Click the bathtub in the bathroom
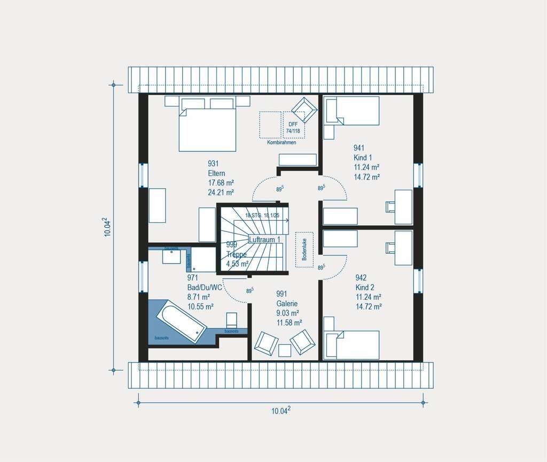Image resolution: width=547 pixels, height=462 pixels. (181, 321)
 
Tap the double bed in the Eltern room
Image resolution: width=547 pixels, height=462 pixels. (207, 128)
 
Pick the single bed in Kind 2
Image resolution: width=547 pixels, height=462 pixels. (353, 344)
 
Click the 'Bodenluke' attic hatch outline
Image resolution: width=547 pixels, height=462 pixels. (304, 250)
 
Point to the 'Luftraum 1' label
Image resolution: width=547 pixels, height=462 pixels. (264, 240)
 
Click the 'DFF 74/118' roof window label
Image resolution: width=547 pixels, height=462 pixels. (292, 127)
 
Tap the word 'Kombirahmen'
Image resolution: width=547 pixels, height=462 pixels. (282, 143)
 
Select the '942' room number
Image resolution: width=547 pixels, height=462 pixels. (362, 278)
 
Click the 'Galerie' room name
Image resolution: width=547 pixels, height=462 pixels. (287, 303)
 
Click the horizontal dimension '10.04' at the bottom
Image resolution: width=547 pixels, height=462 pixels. (281, 411)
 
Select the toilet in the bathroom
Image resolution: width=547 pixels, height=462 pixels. (232, 320)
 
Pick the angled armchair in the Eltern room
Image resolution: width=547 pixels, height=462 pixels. (304, 110)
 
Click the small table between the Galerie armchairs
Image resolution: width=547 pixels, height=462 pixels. (285, 350)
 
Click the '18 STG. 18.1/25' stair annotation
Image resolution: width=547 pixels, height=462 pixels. (262, 215)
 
